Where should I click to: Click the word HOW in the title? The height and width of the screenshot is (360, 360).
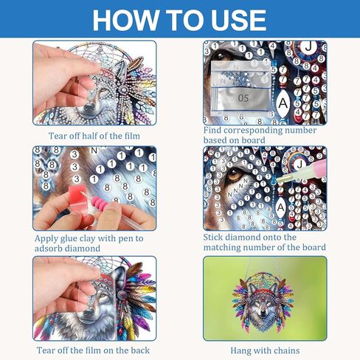[125, 20]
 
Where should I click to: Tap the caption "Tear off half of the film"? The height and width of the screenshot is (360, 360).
[94, 136]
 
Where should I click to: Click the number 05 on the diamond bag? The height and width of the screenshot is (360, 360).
[243, 98]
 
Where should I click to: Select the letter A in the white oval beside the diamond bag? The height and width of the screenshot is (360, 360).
[283, 103]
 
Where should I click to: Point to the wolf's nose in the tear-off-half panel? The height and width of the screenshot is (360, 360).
[89, 107]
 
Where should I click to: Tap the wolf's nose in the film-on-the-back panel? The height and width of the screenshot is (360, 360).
[89, 314]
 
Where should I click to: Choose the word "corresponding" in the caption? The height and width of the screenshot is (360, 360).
[249, 131]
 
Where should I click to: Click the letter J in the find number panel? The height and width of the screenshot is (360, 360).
[308, 46]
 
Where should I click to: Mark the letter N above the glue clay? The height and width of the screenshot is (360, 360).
[94, 150]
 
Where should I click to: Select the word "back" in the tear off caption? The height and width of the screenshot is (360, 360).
[140, 350]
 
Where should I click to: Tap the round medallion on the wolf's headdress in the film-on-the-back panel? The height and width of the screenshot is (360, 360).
[121, 294]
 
